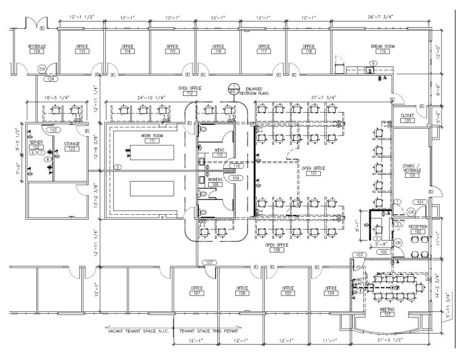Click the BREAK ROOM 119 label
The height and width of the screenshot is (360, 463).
click(382, 49)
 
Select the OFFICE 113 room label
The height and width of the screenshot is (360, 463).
click(82, 49)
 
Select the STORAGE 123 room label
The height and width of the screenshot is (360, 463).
click(72, 146)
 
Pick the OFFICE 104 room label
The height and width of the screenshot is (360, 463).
click(331, 290)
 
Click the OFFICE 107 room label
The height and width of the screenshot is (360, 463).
click(197, 290)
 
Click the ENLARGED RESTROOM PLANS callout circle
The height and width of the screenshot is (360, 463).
click(233, 88)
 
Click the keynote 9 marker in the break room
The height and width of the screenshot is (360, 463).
click(372, 63)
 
